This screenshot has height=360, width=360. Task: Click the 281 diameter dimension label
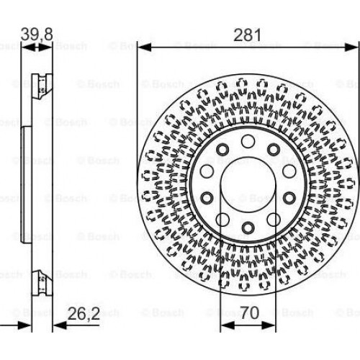[x=247, y=35]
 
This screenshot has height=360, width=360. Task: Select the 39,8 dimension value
[x=37, y=34]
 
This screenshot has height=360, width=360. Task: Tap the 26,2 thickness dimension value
[x=84, y=313]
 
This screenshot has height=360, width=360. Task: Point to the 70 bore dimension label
[x=250, y=312]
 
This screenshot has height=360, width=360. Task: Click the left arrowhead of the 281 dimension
[x=144, y=48]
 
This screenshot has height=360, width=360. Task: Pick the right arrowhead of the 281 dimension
[x=352, y=48]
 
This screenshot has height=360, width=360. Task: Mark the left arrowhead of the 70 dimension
[x=228, y=325]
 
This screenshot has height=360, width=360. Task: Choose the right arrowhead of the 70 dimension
[x=269, y=325]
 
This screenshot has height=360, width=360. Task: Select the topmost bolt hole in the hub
[x=248, y=142]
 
